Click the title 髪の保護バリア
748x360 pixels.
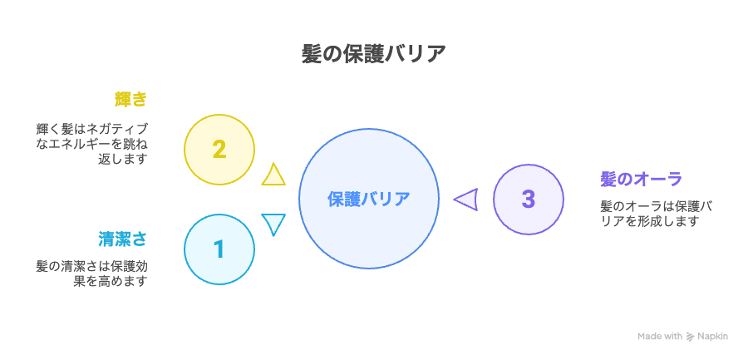(x=373, y=54)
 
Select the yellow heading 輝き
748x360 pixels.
(x=130, y=100)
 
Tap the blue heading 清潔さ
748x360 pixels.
(x=122, y=239)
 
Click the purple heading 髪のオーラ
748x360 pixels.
(x=641, y=180)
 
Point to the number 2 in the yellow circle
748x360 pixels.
(x=219, y=150)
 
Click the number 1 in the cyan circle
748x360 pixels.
(x=219, y=249)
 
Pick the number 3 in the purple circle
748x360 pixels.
(x=528, y=199)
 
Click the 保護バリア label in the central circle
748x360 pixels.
(x=369, y=199)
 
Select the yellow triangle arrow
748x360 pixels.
(x=273, y=175)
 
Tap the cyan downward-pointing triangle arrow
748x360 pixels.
(x=273, y=224)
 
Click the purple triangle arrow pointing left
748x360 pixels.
(x=466, y=199)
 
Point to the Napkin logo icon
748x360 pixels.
(x=690, y=337)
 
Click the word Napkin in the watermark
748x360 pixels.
(x=712, y=336)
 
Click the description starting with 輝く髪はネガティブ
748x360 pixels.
(x=91, y=144)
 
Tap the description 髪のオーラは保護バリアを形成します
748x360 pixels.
(x=657, y=214)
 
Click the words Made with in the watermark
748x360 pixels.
(x=660, y=336)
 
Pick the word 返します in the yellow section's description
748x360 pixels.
(x=122, y=159)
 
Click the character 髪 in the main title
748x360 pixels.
(x=311, y=54)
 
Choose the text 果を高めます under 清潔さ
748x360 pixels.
(x=110, y=281)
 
